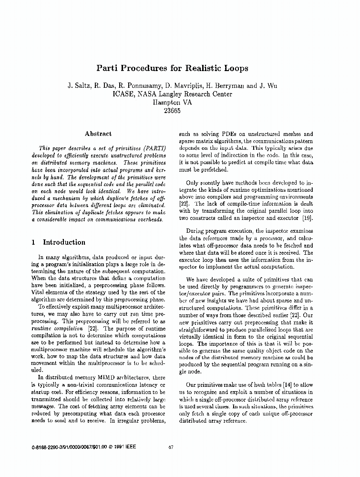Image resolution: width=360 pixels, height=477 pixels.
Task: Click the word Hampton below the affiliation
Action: click(167, 102)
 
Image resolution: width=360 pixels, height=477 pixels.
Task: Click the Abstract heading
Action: click(98, 134)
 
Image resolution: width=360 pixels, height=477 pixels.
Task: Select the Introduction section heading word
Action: click(64, 242)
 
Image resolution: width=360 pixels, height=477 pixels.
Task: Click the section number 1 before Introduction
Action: click(33, 242)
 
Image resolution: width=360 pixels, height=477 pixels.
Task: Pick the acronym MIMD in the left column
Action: click(105, 378)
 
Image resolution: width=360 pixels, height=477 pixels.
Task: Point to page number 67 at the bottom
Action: click(171, 447)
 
